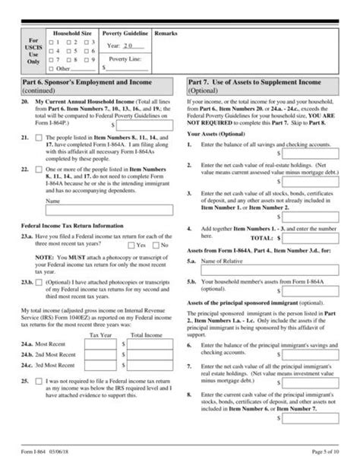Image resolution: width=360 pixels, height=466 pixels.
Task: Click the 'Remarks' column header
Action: [x=166, y=35]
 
